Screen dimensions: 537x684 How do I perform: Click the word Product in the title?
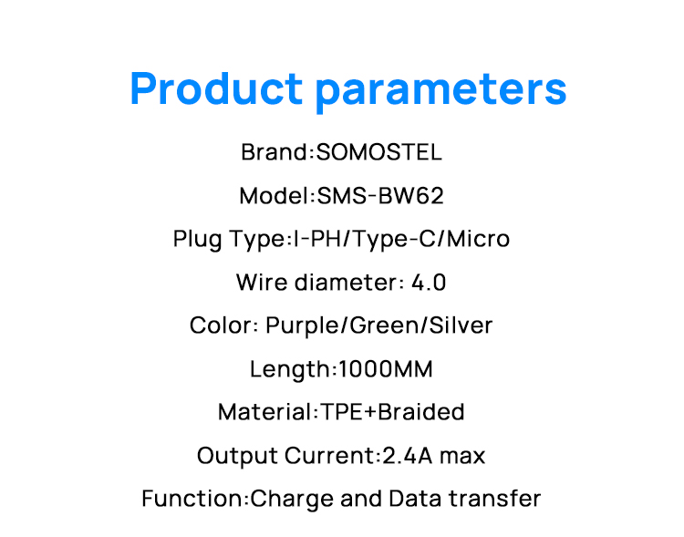coord(215,88)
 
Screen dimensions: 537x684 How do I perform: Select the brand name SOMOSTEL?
coord(378,152)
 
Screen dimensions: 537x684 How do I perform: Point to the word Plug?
coord(197,240)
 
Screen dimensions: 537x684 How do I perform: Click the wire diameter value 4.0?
coord(429,283)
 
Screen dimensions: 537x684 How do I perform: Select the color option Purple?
coord(304,326)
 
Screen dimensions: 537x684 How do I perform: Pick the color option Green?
coord(386,325)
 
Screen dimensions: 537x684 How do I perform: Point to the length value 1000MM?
coord(385,369)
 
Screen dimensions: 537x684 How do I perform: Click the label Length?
coord(289,369)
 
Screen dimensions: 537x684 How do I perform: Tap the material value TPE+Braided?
coord(392,412)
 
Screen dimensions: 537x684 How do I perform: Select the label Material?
coord(265,412)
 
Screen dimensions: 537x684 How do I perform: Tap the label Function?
coord(192,499)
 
